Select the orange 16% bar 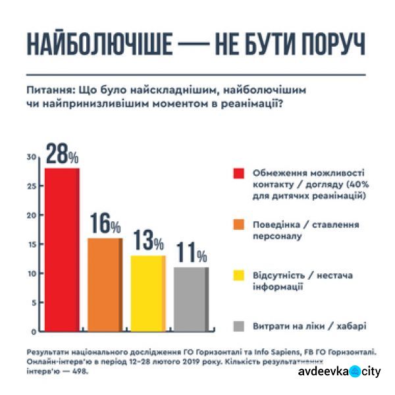pos(105,284)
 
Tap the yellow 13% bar pos(147,292)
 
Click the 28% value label pos(61,156)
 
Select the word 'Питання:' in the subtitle pos(51,89)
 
